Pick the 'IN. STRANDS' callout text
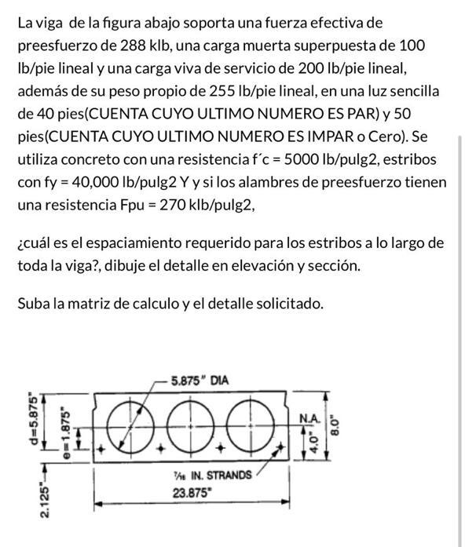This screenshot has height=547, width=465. coord(218,475)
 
